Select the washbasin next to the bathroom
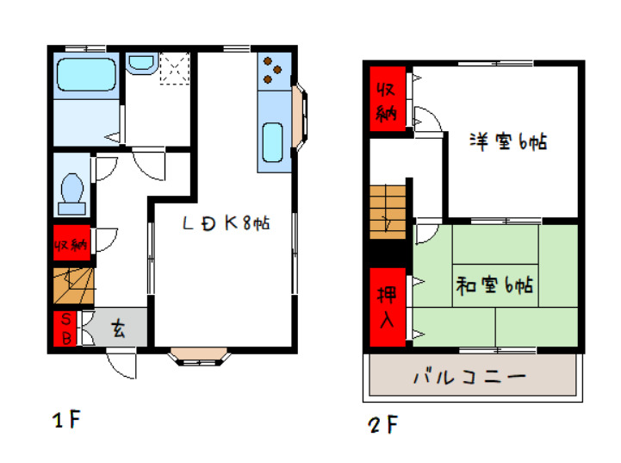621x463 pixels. point(140,65)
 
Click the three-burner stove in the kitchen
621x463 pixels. point(273,70)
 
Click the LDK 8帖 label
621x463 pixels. point(227,223)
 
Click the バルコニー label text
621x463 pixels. point(469,377)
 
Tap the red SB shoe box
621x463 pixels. point(64,328)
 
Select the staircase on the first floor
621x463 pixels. point(71,285)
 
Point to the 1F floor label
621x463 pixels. point(65,421)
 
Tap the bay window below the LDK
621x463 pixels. point(198,355)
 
